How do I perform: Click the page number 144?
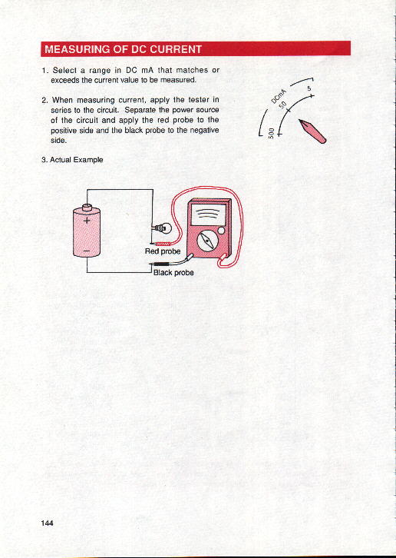(47, 523)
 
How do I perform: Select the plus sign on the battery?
(87, 221)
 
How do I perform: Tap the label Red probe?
(163, 251)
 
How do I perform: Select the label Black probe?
(173, 273)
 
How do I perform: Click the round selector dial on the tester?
(206, 241)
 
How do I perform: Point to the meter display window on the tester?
(208, 214)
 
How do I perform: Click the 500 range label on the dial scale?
(272, 133)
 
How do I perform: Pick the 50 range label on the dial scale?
(283, 106)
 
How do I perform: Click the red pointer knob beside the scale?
(312, 131)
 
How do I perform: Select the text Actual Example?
(72, 160)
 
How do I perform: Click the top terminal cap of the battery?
(87, 208)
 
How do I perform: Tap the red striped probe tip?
(163, 244)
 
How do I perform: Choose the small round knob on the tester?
(221, 231)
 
